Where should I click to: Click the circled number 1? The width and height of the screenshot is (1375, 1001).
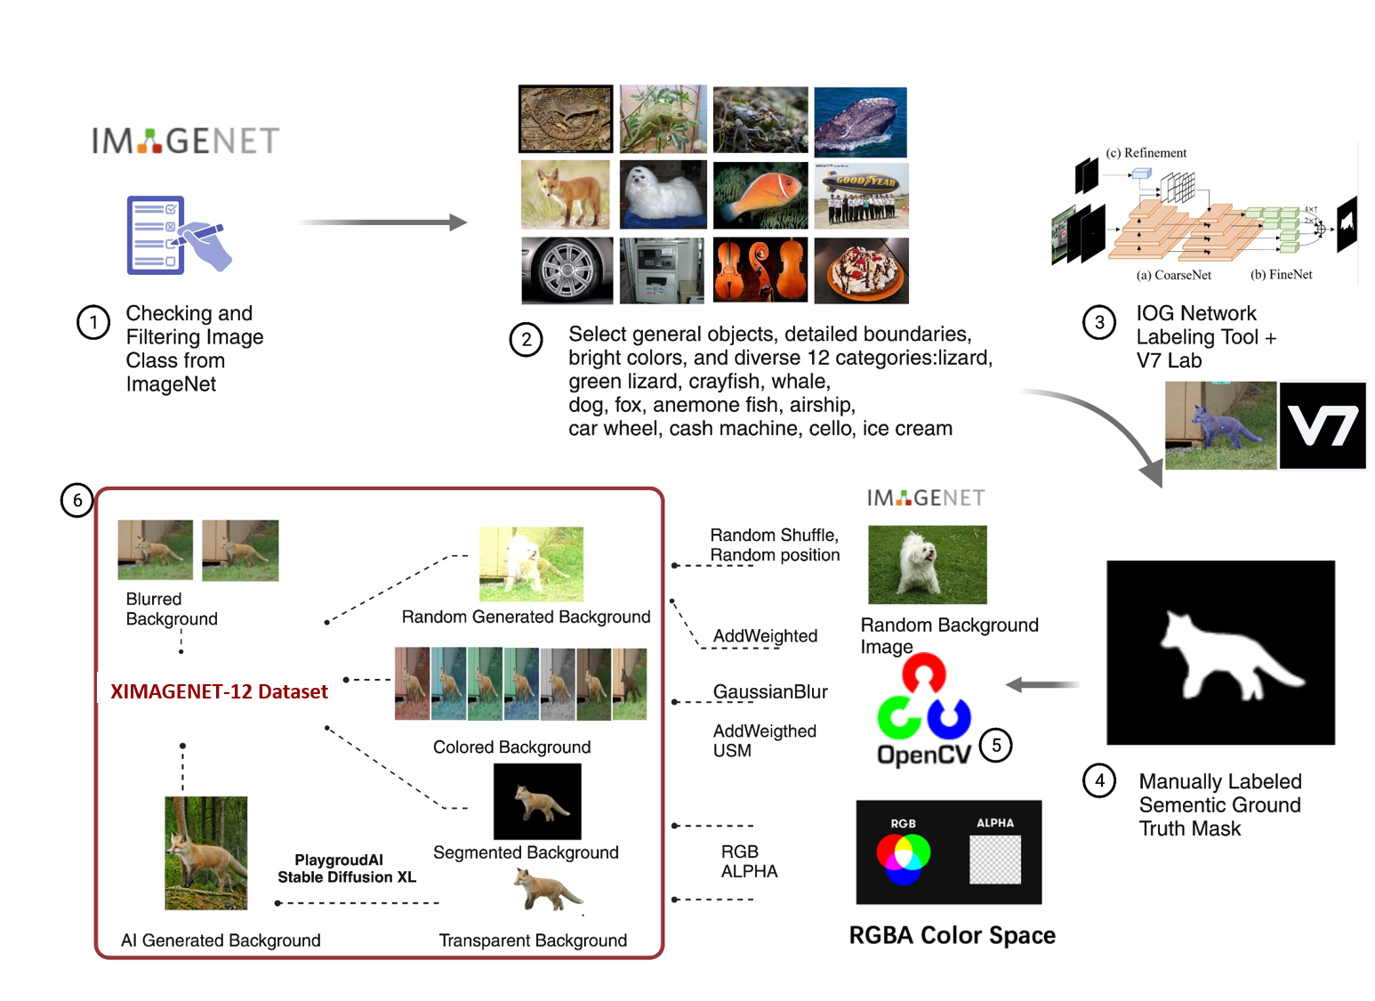coord(93,322)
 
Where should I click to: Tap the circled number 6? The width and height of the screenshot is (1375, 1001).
coord(76,500)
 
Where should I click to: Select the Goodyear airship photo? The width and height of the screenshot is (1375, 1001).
coord(862,196)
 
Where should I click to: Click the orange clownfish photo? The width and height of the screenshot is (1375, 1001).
coord(760,195)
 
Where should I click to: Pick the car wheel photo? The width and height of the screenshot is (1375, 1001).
coord(567,270)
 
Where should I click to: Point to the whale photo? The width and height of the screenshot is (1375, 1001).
coord(861,122)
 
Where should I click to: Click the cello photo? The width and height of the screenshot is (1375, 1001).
coord(760,270)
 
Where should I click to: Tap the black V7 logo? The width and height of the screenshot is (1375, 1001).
coord(1323,425)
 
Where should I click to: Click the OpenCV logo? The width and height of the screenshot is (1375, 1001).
coord(924,711)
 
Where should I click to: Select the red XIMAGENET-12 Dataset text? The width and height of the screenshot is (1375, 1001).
coord(219,691)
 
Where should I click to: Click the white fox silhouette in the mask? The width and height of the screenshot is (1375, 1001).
coord(1230,655)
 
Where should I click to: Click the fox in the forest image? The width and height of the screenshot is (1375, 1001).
coord(206,853)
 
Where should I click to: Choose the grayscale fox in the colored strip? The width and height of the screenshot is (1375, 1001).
coord(558,684)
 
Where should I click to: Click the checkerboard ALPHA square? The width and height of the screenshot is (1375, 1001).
coord(995,860)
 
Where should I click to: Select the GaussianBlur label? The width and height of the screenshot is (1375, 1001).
coord(770,692)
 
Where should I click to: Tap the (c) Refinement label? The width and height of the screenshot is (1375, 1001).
coord(1146,153)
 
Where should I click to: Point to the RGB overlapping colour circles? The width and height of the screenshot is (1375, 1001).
coord(904,858)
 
